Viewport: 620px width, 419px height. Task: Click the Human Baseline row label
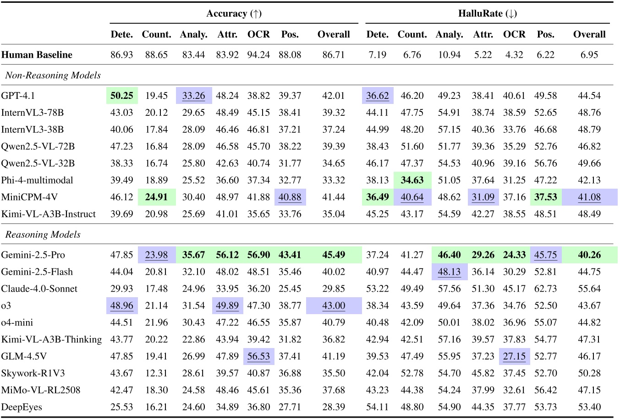pyautogui.click(x=37, y=55)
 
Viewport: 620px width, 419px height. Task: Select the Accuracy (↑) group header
pyautogui.click(x=234, y=13)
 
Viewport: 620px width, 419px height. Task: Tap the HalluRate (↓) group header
pyautogui.click(x=487, y=13)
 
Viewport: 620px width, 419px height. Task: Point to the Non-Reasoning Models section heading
pyautogui.click(x=53, y=75)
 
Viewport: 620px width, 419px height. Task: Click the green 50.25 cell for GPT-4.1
pyautogui.click(x=122, y=96)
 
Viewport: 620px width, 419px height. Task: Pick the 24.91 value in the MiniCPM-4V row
pyautogui.click(x=156, y=197)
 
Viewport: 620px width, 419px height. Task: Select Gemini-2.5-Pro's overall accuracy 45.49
pyautogui.click(x=334, y=255)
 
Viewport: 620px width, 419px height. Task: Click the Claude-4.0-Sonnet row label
pyautogui.click(x=39, y=289)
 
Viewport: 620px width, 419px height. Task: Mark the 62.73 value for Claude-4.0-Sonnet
pyautogui.click(x=545, y=289)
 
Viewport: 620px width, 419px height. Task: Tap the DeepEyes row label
pyautogui.click(x=22, y=407)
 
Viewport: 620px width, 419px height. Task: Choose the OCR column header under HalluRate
pyautogui.click(x=514, y=34)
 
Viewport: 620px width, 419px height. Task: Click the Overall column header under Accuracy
pyautogui.click(x=334, y=34)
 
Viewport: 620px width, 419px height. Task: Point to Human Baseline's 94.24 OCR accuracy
pyautogui.click(x=258, y=55)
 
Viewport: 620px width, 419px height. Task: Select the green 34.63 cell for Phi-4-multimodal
pyautogui.click(x=412, y=180)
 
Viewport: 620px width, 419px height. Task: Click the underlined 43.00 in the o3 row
pyautogui.click(x=334, y=306)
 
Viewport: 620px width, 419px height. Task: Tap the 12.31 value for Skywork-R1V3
pyautogui.click(x=156, y=374)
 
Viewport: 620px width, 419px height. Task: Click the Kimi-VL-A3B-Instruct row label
pyautogui.click(x=49, y=214)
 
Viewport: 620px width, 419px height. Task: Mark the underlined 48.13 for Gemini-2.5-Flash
pyautogui.click(x=449, y=272)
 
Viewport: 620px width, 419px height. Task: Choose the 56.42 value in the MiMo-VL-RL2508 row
pyautogui.click(x=545, y=391)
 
